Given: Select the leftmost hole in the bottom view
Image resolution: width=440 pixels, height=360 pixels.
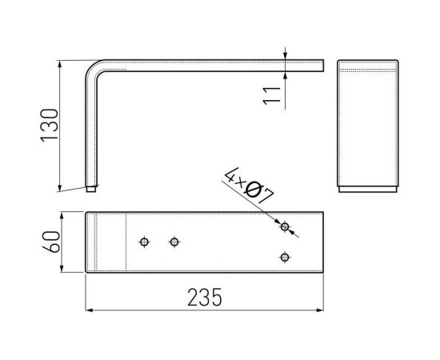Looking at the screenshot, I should [x=144, y=242].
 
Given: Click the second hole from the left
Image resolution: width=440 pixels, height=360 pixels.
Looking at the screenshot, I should [x=174, y=242].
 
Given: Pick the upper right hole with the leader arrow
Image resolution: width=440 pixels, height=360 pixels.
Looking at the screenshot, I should [x=284, y=227].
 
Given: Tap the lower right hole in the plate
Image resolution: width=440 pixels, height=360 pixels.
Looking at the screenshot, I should [x=284, y=257].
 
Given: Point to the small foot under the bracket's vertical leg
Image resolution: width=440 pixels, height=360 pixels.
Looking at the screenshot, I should [x=91, y=190].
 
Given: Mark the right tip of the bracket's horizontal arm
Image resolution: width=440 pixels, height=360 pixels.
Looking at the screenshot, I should [x=322, y=63].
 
